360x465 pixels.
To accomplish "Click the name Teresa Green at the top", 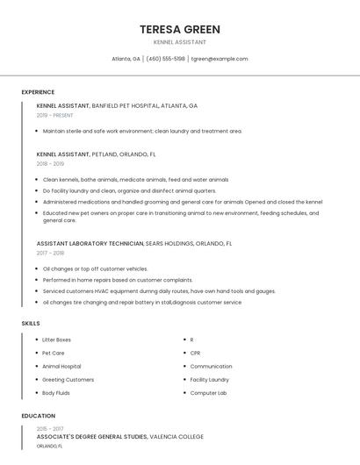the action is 179,30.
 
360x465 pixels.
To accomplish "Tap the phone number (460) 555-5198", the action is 166,59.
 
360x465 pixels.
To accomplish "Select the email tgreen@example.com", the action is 220,59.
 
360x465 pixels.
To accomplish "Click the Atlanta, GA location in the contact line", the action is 126,59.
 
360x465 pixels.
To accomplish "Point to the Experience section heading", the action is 38,92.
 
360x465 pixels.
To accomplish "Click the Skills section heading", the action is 30,324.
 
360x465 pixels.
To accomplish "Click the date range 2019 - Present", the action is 55,115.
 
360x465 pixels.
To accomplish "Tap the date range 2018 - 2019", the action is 50,163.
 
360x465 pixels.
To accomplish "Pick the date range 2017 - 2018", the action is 50,253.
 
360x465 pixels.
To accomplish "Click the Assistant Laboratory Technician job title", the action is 90,243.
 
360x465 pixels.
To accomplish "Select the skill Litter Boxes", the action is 56,340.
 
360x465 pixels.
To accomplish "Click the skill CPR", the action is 195,353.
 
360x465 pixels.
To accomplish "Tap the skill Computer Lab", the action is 208,393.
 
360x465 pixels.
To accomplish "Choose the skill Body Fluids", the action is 56,393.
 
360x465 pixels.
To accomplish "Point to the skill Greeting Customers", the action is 68,380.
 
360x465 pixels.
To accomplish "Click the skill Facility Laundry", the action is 209,380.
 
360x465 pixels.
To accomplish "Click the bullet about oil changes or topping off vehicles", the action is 95,268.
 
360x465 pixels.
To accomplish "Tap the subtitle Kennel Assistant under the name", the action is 179,42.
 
